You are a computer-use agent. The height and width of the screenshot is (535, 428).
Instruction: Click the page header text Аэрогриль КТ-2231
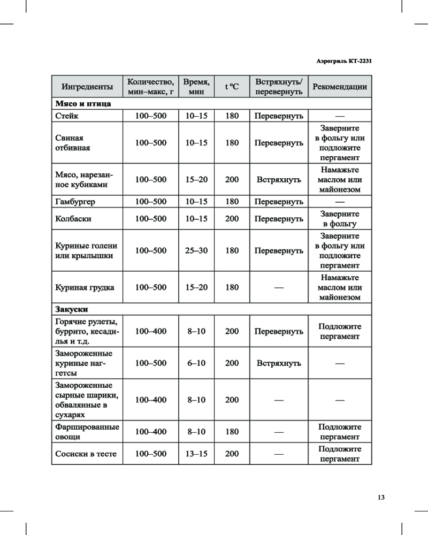pos(341,61)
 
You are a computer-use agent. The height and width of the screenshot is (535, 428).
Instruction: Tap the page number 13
pos(381,497)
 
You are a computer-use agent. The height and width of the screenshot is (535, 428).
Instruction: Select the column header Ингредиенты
pos(87,87)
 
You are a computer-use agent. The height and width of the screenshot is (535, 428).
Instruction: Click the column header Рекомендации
pos(340,87)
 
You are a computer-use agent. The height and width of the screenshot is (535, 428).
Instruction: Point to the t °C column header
pos(232,87)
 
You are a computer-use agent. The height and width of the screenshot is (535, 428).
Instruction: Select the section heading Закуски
pos(72,309)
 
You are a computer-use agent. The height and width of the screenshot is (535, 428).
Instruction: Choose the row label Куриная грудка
pos(85,287)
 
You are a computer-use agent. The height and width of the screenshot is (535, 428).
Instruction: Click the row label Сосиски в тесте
pos(86,454)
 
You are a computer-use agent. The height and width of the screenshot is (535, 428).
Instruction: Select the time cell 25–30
pos(196,250)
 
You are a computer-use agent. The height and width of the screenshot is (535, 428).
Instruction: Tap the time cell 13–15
pos(196,454)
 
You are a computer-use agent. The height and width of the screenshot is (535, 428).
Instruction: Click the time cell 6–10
pos(196,363)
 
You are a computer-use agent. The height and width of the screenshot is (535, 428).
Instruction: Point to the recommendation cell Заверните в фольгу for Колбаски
pos(340,219)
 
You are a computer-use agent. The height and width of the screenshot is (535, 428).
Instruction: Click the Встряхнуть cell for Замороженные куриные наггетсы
pos(279,363)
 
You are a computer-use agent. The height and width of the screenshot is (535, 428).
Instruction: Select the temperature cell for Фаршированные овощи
pos(232,432)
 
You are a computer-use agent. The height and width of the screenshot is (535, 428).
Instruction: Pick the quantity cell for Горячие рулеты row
pos(150,332)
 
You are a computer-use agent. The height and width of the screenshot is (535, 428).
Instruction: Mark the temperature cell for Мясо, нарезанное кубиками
pos(232,180)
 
